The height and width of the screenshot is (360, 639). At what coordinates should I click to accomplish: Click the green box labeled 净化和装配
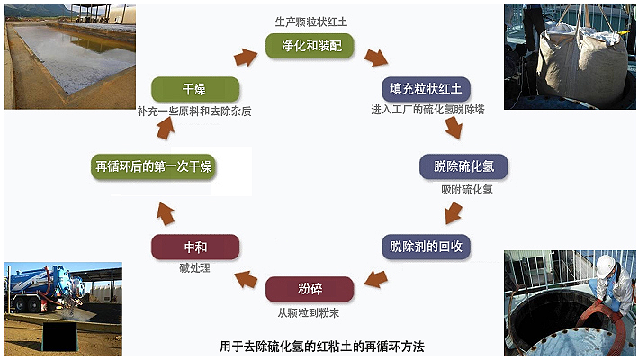pyautogui.click(x=310, y=45)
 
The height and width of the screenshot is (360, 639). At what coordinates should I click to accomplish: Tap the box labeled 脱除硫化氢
pyautogui.click(x=463, y=167)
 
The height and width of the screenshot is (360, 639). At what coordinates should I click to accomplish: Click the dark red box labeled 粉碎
pyautogui.click(x=310, y=290)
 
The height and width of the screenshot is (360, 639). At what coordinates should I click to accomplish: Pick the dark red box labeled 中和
pyautogui.click(x=195, y=247)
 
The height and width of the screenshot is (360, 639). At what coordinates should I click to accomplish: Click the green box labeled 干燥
pyautogui.click(x=195, y=90)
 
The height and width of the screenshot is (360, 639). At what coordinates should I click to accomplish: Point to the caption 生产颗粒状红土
pyautogui.click(x=310, y=20)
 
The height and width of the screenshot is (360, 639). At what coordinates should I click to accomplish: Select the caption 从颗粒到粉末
pyautogui.click(x=310, y=312)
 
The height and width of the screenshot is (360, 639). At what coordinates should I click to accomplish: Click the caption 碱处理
pyautogui.click(x=195, y=268)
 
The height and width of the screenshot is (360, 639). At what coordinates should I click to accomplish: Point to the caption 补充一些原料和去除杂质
pyautogui.click(x=195, y=112)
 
